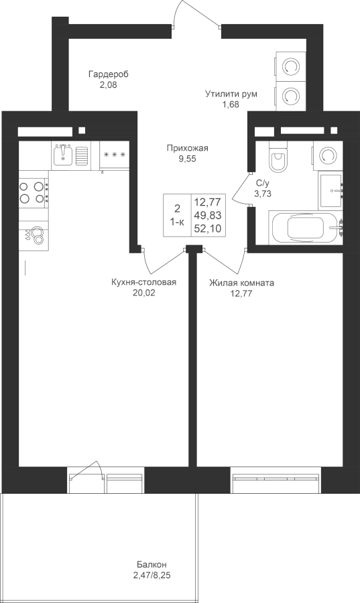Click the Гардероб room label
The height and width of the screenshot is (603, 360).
[x=109, y=74]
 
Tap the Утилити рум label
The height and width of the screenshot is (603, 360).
[x=231, y=94]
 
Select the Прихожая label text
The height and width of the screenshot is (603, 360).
[x=187, y=148]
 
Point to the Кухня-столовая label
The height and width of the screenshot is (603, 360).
[x=144, y=283]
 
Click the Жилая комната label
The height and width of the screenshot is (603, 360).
[x=241, y=283]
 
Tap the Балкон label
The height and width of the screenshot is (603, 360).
[x=152, y=565]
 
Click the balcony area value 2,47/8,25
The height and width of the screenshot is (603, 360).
[x=152, y=576]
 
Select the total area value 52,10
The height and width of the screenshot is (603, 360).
[x=208, y=228]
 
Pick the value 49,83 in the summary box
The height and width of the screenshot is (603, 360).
[x=208, y=215]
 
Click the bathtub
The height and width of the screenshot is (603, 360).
[x=306, y=227]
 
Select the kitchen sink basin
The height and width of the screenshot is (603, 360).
[x=62, y=155]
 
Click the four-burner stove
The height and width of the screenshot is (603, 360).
[x=33, y=193]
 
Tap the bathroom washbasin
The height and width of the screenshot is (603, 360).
[x=331, y=190]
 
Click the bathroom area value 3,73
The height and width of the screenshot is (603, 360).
[x=263, y=194]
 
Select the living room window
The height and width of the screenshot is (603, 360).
[x=276, y=480]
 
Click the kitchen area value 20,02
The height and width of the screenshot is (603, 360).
[x=143, y=293]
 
